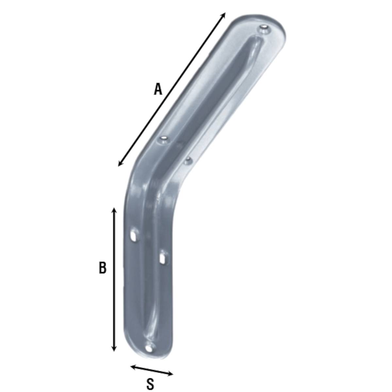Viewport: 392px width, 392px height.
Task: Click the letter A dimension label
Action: [158, 89]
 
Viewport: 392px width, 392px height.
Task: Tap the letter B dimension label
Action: [102, 268]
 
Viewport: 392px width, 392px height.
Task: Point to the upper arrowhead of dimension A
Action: [223, 15]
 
